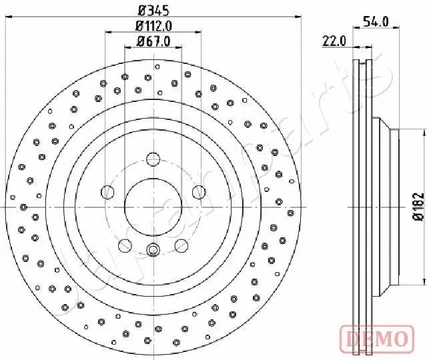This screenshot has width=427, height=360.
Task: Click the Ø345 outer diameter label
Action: pyautogui.click(x=153, y=10)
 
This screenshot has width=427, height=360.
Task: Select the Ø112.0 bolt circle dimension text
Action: pyautogui.click(x=154, y=26)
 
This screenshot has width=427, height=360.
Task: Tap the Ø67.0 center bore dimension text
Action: pyautogui.click(x=154, y=41)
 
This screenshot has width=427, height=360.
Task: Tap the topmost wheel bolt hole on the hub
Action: pyautogui.click(x=153, y=159)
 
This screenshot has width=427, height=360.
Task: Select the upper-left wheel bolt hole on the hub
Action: pyautogui.click(x=108, y=193)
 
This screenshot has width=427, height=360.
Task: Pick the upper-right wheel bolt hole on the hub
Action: pyautogui.click(x=198, y=193)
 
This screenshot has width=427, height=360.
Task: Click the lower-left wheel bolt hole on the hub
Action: pyautogui.click(x=125, y=246)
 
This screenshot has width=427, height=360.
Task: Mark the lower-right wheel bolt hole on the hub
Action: pyautogui.click(x=181, y=246)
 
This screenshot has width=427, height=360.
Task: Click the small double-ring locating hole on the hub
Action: pyautogui.click(x=153, y=251)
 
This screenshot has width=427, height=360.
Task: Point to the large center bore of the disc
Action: pyautogui.click(x=153, y=207)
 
